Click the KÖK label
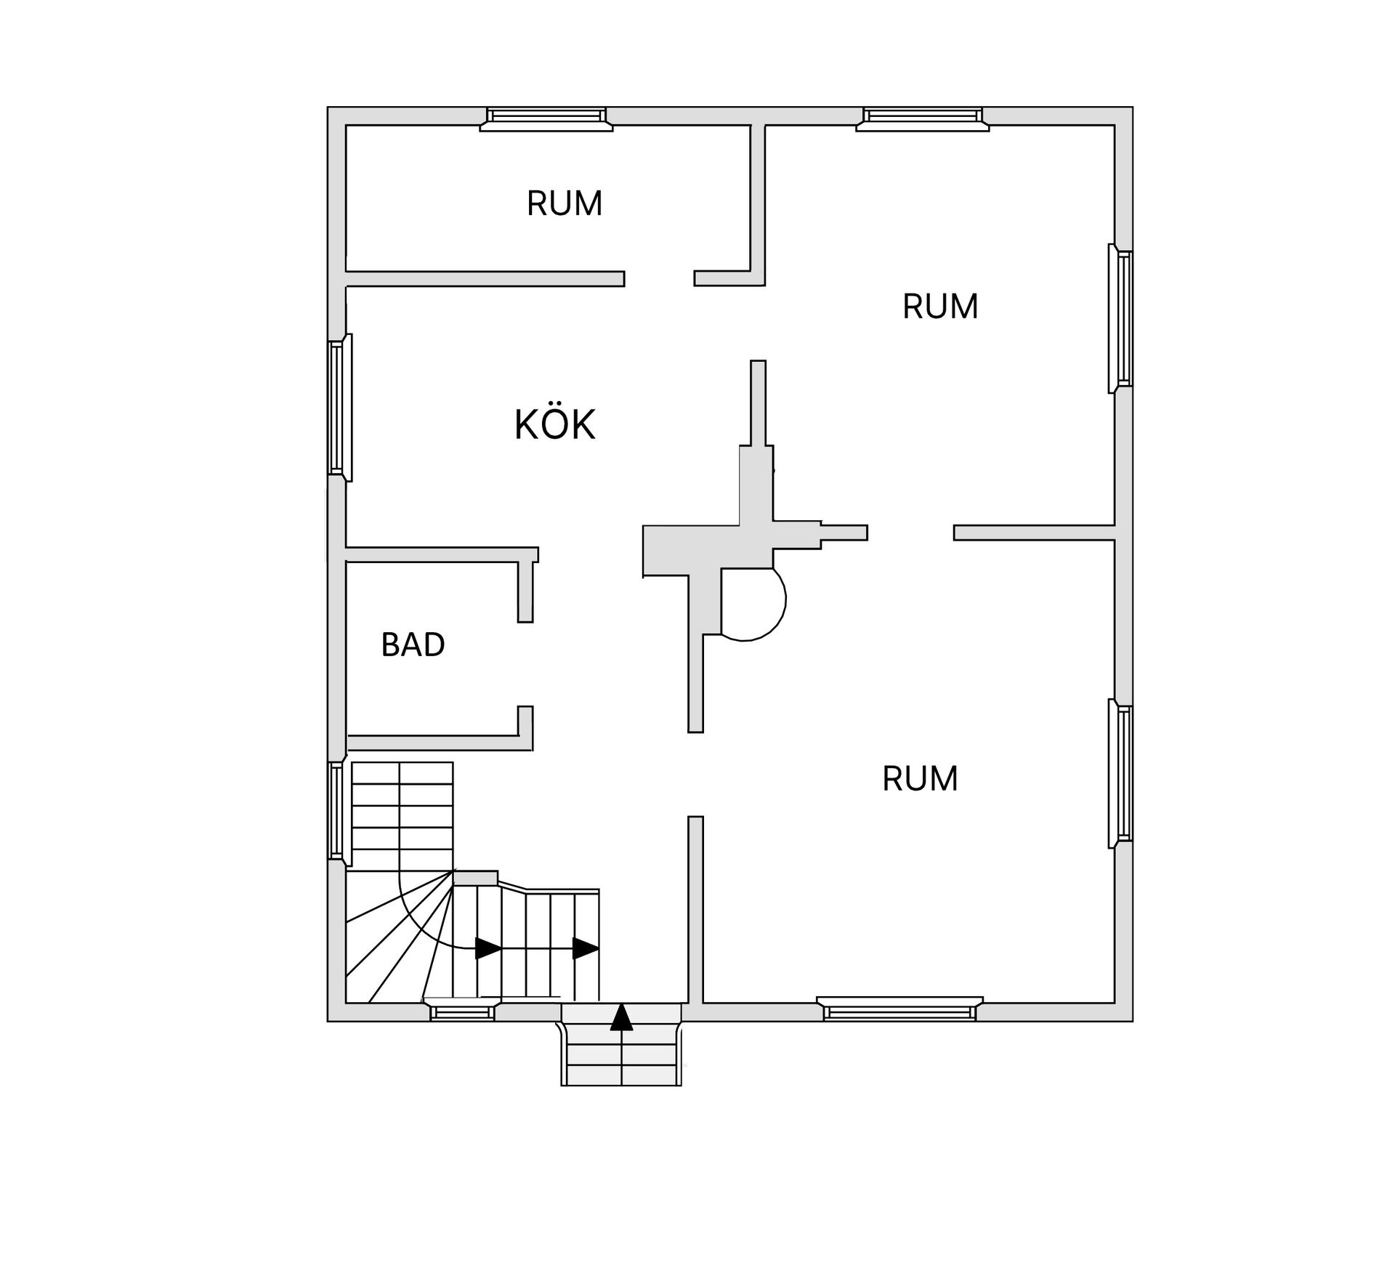pos(554,424)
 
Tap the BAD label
pos(413,645)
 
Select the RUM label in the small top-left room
pos(565,203)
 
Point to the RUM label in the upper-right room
pos(940,307)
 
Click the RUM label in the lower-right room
pos(920,779)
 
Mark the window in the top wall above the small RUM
pos(546,118)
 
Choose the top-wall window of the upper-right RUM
pos(923,118)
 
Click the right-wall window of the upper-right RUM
pos(1120,318)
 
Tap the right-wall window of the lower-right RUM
pos(1120,774)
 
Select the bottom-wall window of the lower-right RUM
pos(899,1009)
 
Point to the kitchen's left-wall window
pos(340,408)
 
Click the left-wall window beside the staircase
pos(339,811)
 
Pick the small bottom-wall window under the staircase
pos(462,1011)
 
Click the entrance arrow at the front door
pos(621,1017)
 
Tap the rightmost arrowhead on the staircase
pos(586,948)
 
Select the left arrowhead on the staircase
pos(488,948)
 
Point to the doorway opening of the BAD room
pos(525,664)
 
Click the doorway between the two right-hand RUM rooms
pos(910,533)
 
